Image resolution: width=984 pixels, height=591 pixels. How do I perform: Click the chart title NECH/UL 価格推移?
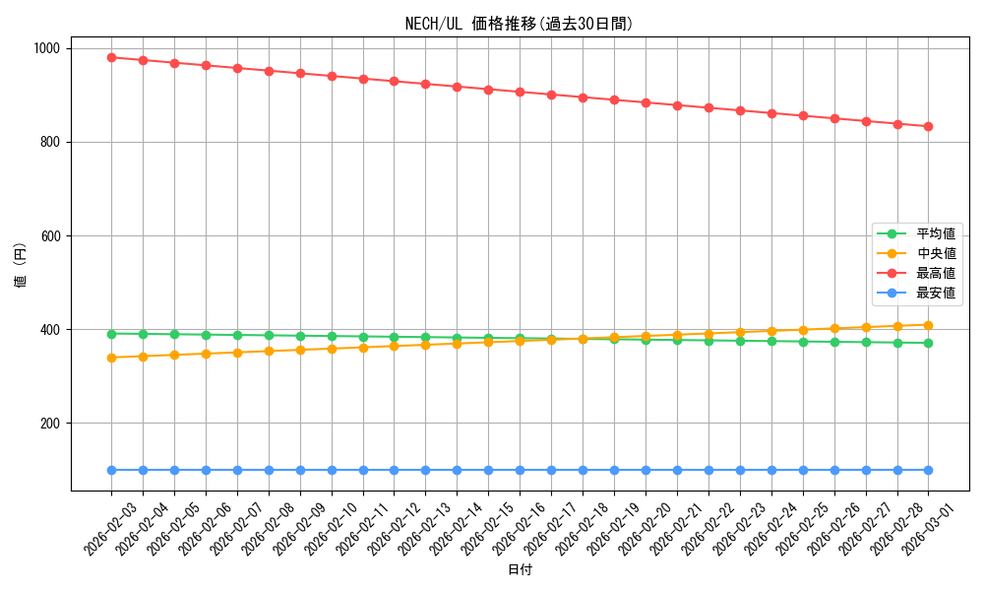[x=520, y=24]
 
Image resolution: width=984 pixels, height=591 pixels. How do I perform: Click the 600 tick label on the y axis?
[x=49, y=236]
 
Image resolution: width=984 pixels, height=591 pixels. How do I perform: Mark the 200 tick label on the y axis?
[x=49, y=424]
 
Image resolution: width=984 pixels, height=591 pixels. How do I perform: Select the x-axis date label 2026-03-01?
[x=928, y=528]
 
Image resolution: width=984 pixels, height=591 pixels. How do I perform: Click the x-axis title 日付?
[x=520, y=570]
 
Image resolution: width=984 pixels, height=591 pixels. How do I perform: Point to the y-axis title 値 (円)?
[x=21, y=265]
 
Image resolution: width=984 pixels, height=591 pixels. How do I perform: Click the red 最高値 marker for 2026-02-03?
[x=111, y=57]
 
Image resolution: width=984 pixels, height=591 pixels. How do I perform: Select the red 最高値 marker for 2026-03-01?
[x=928, y=126]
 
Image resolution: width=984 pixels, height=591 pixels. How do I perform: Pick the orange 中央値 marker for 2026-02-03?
[x=111, y=358]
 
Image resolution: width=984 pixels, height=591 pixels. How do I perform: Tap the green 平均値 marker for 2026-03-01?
[x=928, y=343]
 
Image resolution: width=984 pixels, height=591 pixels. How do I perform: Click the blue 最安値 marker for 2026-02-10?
[x=332, y=470]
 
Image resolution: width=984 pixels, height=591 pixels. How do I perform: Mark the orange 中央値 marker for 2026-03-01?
[x=928, y=325]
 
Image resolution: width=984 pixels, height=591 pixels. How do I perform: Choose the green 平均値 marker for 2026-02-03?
[x=111, y=334]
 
